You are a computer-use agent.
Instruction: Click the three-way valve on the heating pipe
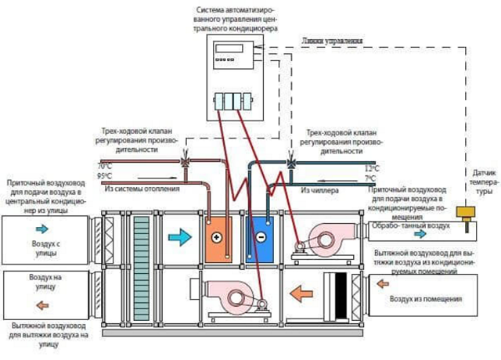coord(186,163)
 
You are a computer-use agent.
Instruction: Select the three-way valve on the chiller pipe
coord(291,163)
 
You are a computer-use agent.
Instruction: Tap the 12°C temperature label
coord(371,168)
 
